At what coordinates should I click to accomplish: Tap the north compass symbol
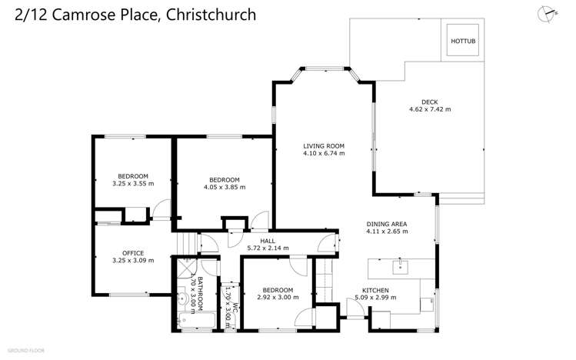point(548,14)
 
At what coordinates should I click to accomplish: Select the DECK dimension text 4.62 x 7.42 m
point(429,109)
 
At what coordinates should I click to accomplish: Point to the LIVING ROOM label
point(323,145)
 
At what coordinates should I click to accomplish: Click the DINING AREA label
point(386,224)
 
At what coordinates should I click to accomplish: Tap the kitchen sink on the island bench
point(399,268)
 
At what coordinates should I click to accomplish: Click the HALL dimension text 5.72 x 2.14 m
point(266,248)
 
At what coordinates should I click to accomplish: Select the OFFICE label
point(133,252)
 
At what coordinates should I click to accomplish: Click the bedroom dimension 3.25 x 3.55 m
point(133,184)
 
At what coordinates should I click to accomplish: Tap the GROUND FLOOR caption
point(27,351)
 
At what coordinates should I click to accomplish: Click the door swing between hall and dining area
point(328,242)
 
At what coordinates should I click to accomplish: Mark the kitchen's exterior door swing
point(355,309)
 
